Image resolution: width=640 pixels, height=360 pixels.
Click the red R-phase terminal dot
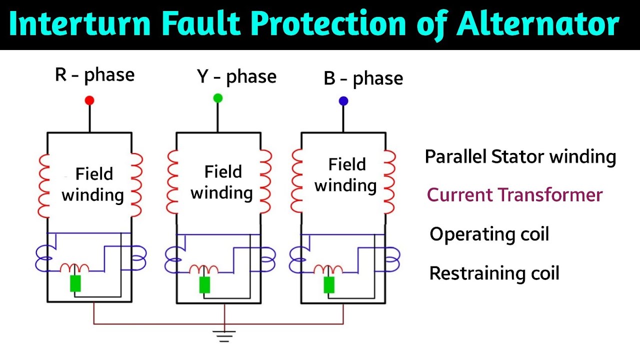pos(89,100)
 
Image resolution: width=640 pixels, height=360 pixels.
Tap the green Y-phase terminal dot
pos(217,98)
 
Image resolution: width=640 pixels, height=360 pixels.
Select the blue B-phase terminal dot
pos(343,101)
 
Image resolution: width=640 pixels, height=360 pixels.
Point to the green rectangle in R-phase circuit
pos(75,283)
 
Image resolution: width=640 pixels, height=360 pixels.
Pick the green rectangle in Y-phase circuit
pos(204,284)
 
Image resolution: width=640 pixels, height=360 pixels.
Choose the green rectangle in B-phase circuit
pos(328,284)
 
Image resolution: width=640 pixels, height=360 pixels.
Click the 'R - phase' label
pos(94,75)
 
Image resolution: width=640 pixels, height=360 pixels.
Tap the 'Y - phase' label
pos(236,77)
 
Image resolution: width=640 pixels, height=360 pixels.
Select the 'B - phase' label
pos(363,79)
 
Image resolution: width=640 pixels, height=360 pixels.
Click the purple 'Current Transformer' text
pos(514,195)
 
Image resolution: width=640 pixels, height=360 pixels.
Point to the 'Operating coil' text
pos(489,234)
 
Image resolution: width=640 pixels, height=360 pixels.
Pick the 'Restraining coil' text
pos(494,273)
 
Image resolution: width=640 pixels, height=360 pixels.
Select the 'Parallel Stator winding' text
pos(520,157)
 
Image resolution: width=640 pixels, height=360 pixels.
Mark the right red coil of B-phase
pos(389,181)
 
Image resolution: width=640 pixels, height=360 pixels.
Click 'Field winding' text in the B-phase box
pos(346,175)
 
